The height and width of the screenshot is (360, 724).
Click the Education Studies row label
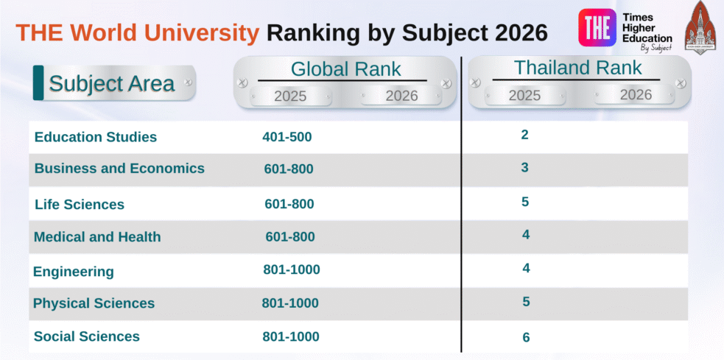tap(96, 137)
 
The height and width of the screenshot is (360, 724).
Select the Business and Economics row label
tap(119, 169)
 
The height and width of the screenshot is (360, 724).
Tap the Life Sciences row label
tap(80, 205)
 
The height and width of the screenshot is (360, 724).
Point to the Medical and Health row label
tap(97, 237)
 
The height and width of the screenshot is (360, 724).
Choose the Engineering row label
tap(74, 272)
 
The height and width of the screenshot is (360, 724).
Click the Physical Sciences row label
tap(94, 303)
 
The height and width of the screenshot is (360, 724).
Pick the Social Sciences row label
tap(87, 336)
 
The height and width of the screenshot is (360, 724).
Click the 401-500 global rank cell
tap(287, 137)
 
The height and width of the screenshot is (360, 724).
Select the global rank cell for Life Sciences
tap(289, 204)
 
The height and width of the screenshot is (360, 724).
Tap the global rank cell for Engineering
tap(292, 269)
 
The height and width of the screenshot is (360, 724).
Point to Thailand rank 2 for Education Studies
tap(525, 135)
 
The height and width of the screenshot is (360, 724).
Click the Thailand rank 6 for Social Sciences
tap(526, 337)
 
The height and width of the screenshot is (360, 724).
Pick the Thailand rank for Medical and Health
tap(526, 235)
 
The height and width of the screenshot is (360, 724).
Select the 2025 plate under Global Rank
tap(290, 96)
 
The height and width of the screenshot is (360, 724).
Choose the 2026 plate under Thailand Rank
tap(635, 95)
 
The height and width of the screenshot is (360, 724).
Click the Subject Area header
tap(112, 83)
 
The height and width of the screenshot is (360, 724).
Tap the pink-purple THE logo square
tap(597, 28)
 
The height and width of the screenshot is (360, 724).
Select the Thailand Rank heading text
tap(577, 68)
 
